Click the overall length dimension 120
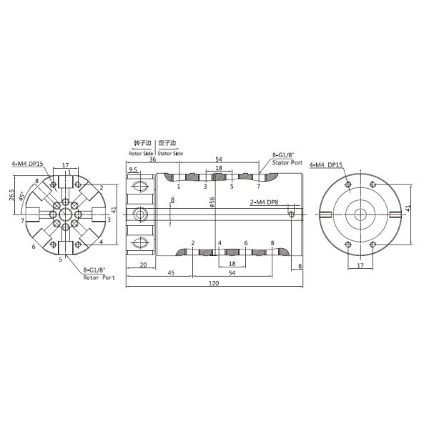click(214, 284)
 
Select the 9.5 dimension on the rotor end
click(134, 170)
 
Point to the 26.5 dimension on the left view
click(12, 194)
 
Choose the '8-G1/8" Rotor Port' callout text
click(98, 273)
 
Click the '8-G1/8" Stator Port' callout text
click(287, 158)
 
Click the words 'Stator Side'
click(169, 153)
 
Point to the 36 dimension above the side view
click(152, 160)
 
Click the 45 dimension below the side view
click(171, 273)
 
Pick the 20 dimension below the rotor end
click(143, 264)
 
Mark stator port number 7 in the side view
click(258, 186)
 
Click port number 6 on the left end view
click(34, 247)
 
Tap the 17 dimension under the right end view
click(359, 265)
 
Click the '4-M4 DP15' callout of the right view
click(325, 164)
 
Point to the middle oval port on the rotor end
click(141, 212)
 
